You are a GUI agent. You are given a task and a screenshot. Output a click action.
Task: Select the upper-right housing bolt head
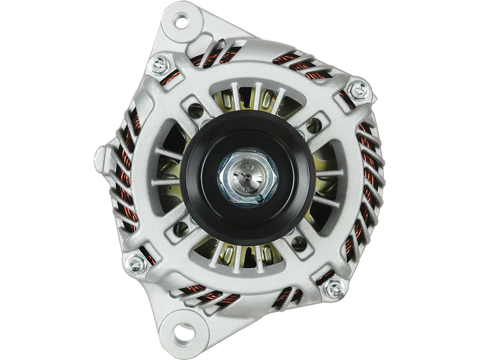358,90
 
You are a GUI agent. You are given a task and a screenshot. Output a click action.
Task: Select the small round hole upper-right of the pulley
313,125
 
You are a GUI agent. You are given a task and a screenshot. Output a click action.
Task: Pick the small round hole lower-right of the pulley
298,243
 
